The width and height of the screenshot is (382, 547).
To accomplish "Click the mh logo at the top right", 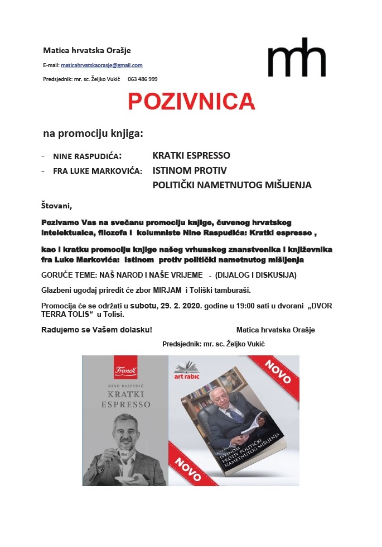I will pos(296,58).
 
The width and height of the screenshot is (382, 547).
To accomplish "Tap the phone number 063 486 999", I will pos(143,79).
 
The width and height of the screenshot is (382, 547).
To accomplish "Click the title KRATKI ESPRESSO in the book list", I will pos(191,155).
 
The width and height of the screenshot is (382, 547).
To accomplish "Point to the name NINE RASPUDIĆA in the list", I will pos(88,156).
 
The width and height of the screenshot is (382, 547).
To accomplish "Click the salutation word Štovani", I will pos(57,205).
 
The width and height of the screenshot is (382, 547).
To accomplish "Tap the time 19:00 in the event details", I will pos(219,305).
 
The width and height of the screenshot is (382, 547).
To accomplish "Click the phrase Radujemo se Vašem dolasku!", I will pos(96,330).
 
